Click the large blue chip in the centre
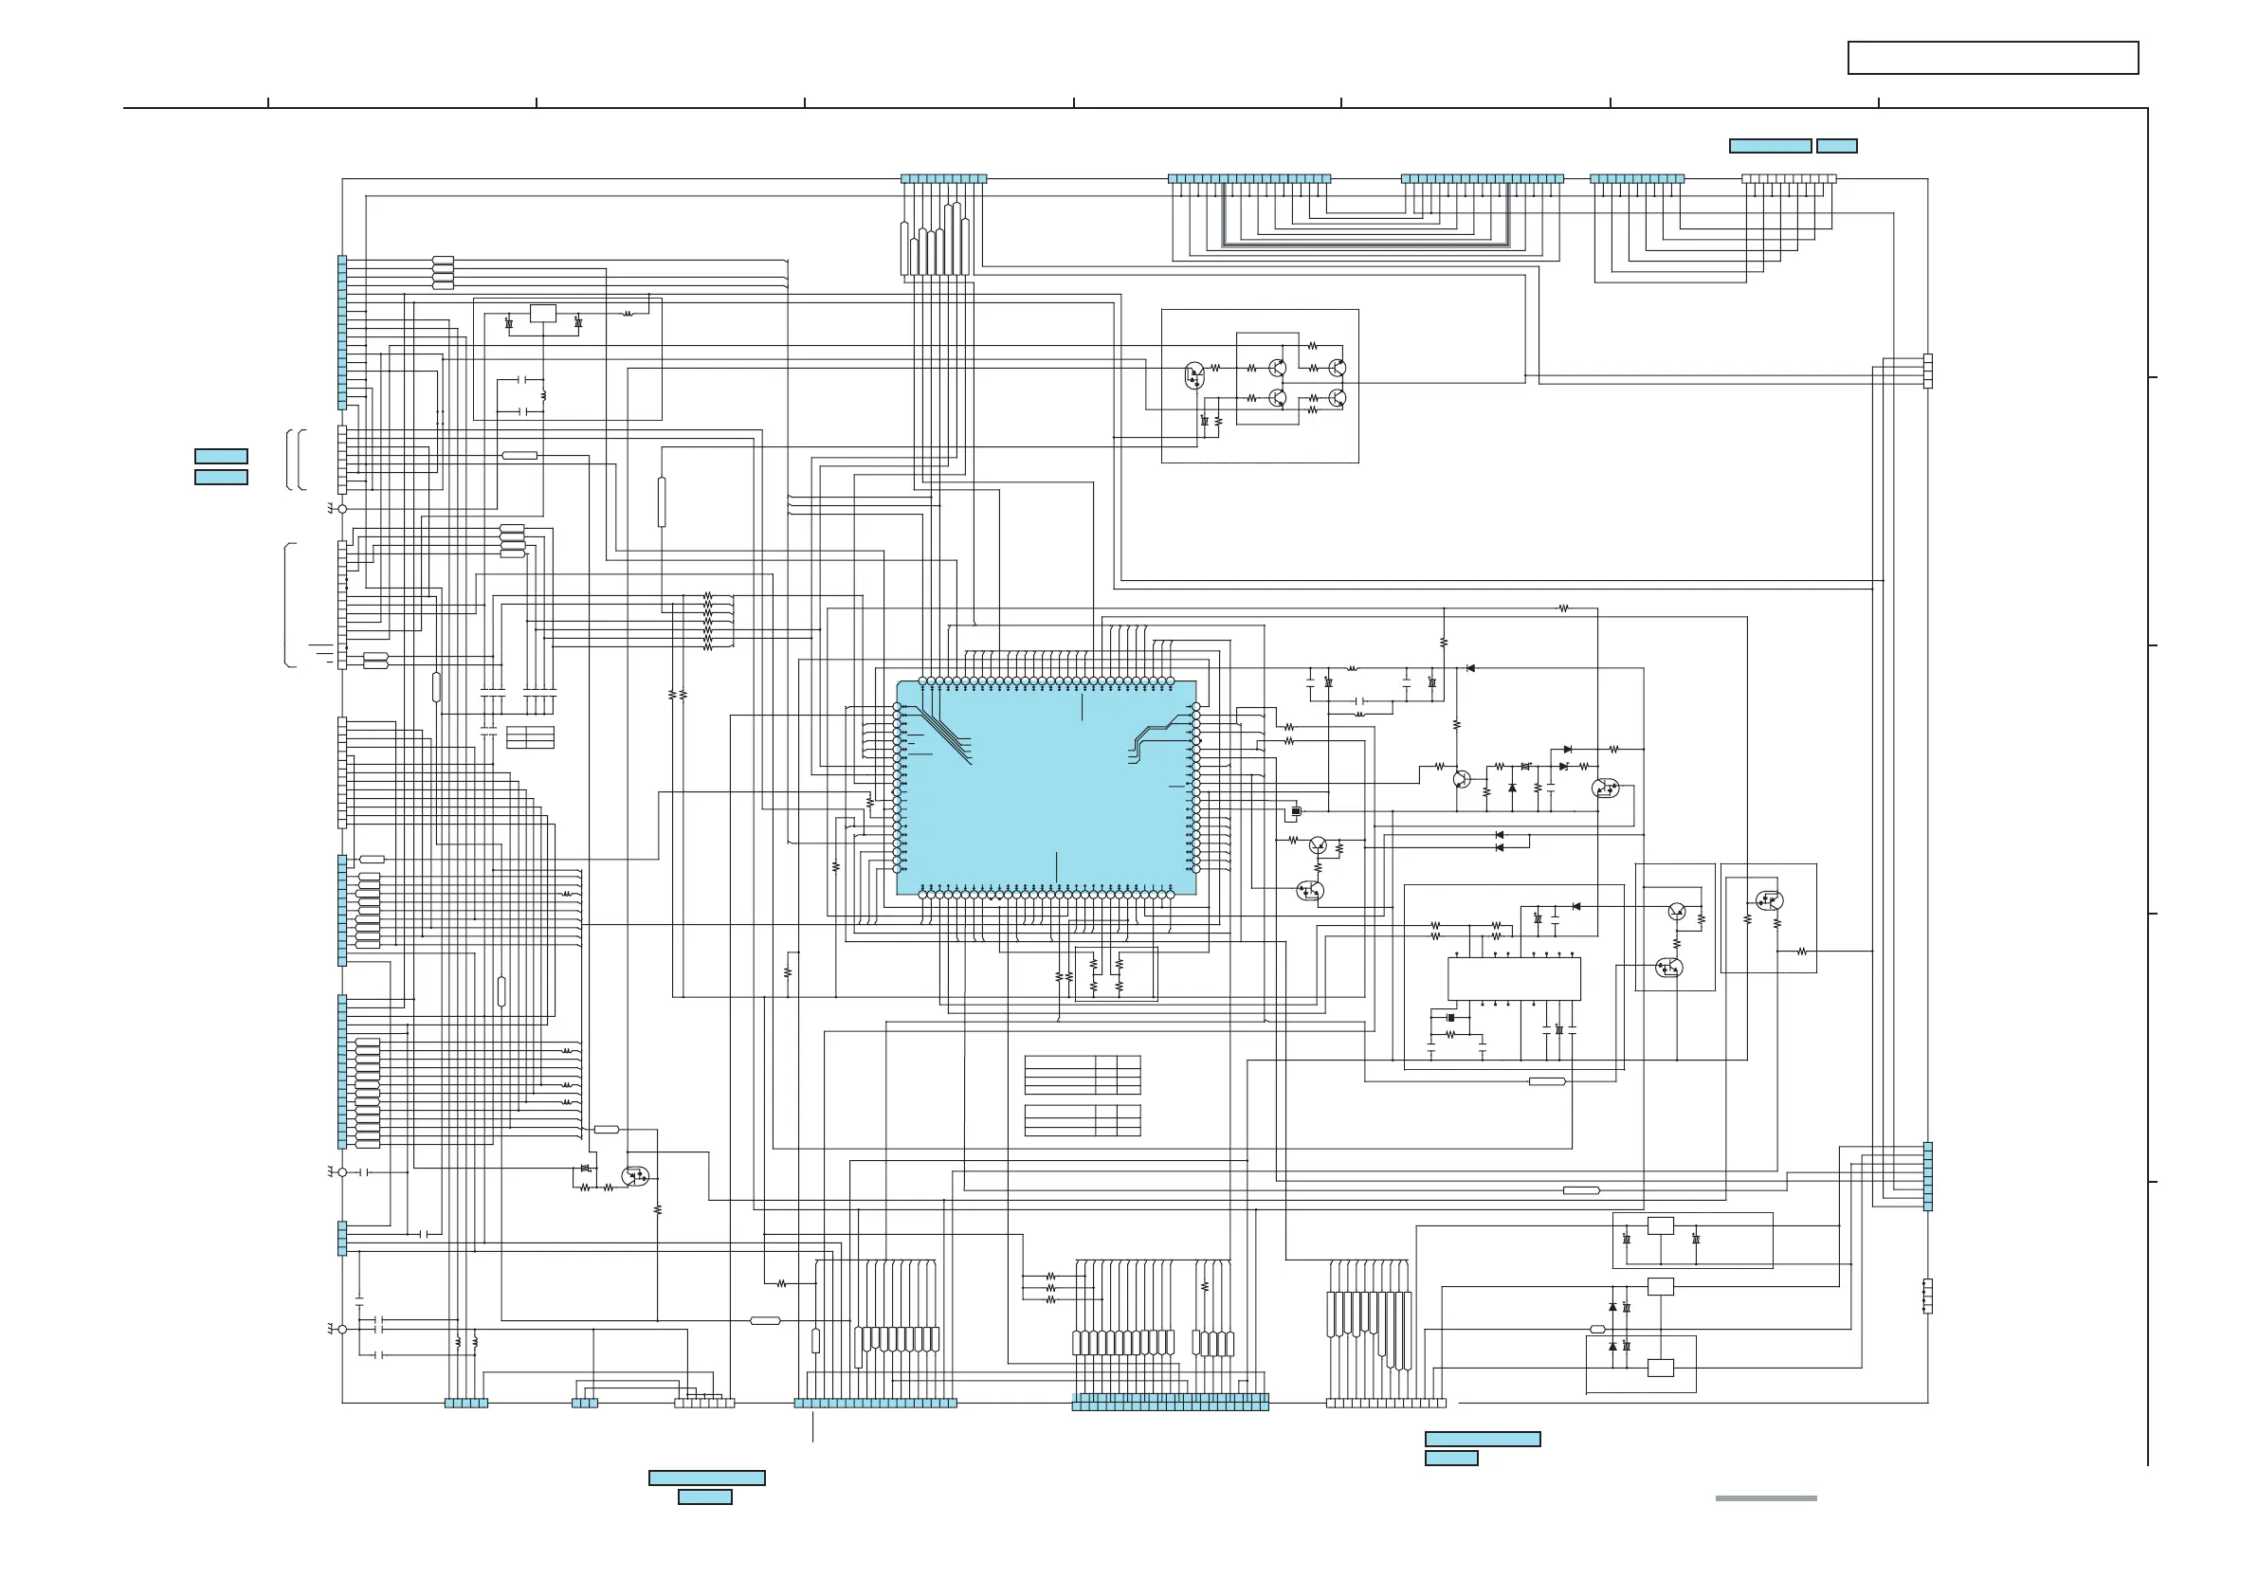point(1047,787)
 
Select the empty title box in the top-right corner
point(1993,58)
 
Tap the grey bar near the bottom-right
point(1765,1498)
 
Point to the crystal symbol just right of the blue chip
point(1296,811)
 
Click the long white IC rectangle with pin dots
point(1514,978)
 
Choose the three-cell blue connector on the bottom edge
point(584,1404)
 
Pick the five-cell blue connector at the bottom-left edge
point(466,1404)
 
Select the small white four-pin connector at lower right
point(1926,1297)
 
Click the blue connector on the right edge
point(1927,1176)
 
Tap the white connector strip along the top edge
point(1788,179)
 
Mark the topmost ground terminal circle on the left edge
point(342,509)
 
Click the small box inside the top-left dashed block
point(543,314)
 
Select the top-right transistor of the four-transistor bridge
point(1337,368)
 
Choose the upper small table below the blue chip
point(1082,1075)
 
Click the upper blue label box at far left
point(221,456)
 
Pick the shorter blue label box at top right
point(1836,147)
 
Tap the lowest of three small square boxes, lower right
point(1660,1368)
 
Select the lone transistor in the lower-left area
point(636,1176)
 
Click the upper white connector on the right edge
point(1927,371)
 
